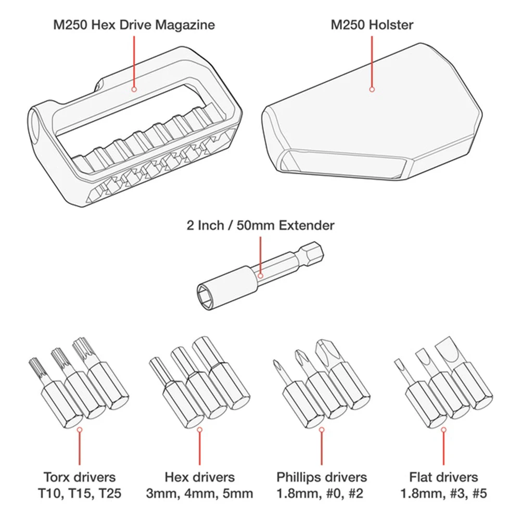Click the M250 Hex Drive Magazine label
[x=134, y=25]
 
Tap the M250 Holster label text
[x=372, y=25]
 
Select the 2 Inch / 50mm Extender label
[x=260, y=225]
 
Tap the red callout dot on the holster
[x=372, y=89]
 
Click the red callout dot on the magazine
[x=134, y=89]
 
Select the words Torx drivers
[x=80, y=477]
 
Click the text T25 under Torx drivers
[x=110, y=493]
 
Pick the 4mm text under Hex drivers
[x=200, y=493]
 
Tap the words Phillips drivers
[x=322, y=477]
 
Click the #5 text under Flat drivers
[x=479, y=493]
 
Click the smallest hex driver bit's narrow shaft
[x=158, y=371]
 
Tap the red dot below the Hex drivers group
[x=200, y=429]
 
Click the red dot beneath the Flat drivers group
[x=443, y=429]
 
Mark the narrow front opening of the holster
[x=342, y=163]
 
